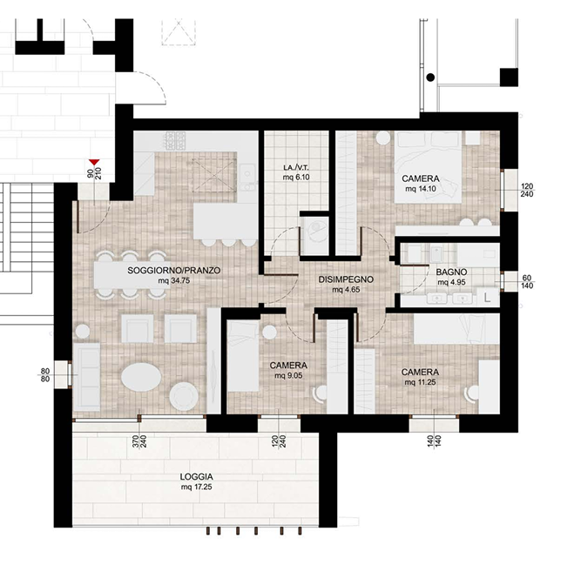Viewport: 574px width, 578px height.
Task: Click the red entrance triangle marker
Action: (94, 162)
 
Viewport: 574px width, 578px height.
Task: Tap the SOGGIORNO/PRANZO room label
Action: (173, 271)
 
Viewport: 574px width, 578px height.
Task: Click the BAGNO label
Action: (451, 272)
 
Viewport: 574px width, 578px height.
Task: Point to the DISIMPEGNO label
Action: (346, 279)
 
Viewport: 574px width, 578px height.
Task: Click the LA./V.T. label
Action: (296, 168)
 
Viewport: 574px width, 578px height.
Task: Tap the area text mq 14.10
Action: (421, 189)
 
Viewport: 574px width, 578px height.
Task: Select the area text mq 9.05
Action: (288, 376)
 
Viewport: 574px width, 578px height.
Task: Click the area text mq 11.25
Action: (420, 382)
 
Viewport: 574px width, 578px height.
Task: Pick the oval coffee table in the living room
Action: (141, 377)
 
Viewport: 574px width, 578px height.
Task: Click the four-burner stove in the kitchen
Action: (175, 141)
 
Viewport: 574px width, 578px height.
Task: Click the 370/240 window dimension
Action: (139, 441)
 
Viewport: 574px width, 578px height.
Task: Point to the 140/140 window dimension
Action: (434, 441)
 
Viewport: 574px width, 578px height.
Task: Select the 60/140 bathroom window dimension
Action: (527, 282)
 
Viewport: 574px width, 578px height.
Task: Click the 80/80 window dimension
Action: (45, 375)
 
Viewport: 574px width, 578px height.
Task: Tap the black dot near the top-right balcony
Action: (430, 77)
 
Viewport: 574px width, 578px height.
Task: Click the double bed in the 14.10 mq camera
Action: (428, 167)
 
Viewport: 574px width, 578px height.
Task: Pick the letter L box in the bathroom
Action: (487, 297)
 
